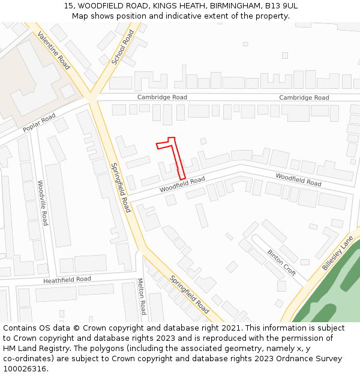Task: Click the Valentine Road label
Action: pyautogui.click(x=54, y=50)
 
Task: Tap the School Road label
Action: pyautogui.click(x=123, y=47)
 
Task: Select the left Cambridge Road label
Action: pyautogui.click(x=162, y=97)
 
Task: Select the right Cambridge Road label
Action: pyautogui.click(x=304, y=98)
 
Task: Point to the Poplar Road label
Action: pyautogui.click(x=39, y=122)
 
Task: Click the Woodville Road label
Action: pyautogui.click(x=43, y=203)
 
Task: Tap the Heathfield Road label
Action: pyautogui.click(x=67, y=280)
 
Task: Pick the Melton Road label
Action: pyautogui.click(x=142, y=296)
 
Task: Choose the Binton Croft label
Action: pyautogui.click(x=281, y=263)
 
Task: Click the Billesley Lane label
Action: pyautogui.click(x=338, y=253)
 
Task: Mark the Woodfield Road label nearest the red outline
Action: pyautogui.click(x=182, y=185)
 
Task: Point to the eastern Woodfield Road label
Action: pyautogui.click(x=298, y=179)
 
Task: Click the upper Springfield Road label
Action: pyautogui.click(x=121, y=187)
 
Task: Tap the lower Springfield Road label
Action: pyautogui.click(x=189, y=295)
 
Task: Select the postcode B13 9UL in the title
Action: pyautogui.click(x=281, y=5)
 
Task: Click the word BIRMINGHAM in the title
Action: pyautogui.click(x=235, y=5)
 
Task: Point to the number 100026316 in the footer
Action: pyautogui.click(x=25, y=368)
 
